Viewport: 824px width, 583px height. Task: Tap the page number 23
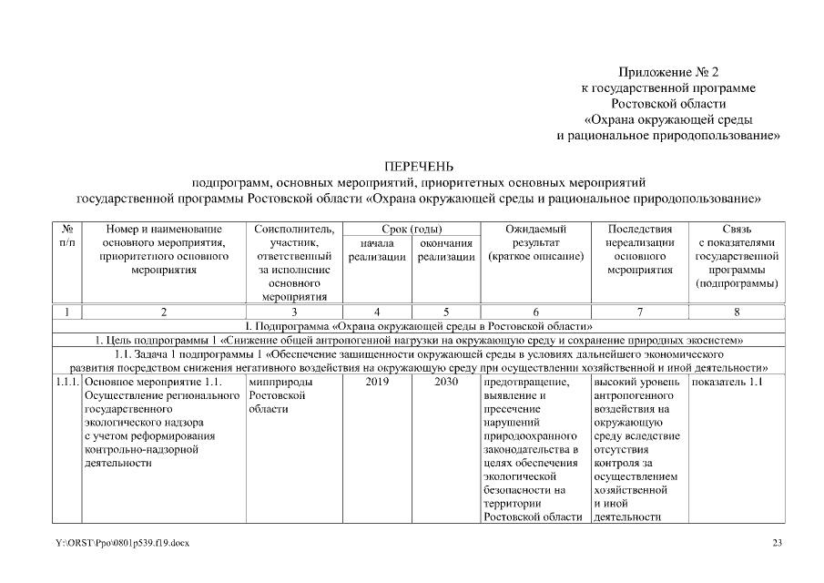coord(777,544)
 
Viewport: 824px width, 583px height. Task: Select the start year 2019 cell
coord(377,383)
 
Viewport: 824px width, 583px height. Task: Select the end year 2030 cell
coord(446,383)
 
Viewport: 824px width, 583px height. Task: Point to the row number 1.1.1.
coord(66,383)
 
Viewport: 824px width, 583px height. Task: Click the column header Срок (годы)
coord(412,229)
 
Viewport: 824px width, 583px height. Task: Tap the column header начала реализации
coord(377,251)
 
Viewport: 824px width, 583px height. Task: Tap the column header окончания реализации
coord(446,251)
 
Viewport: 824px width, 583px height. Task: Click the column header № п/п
coord(67,236)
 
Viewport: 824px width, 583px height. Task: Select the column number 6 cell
coord(535,312)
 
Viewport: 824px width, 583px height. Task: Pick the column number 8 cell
coord(736,312)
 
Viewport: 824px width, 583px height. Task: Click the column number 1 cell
coord(67,312)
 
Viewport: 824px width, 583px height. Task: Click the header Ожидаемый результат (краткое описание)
coord(535,243)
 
